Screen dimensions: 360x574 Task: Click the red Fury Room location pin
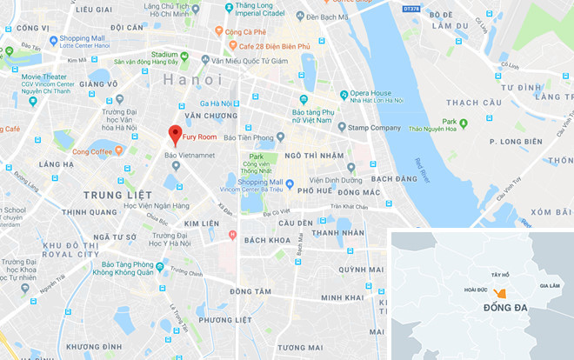point(174,136)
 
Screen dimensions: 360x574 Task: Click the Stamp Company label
point(375,128)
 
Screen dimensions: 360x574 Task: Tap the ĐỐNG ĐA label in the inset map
point(499,310)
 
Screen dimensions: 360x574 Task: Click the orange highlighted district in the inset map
point(499,293)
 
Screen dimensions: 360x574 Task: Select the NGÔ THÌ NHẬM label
point(310,155)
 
